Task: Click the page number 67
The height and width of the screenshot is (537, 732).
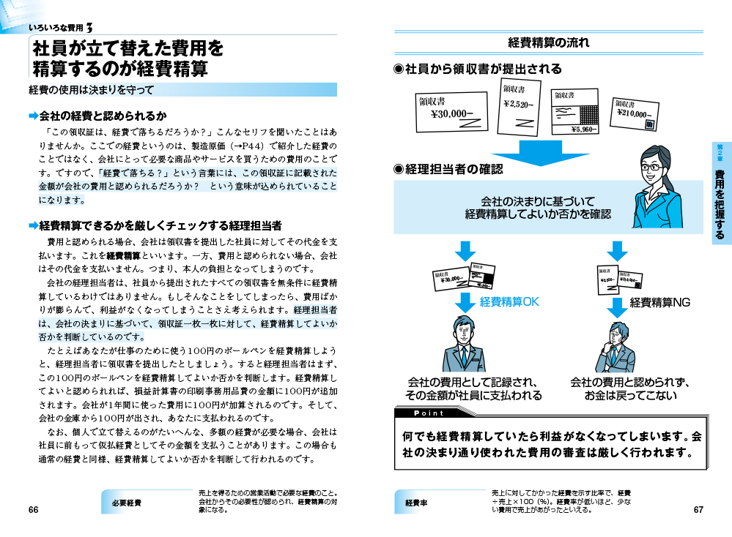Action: coord(698,510)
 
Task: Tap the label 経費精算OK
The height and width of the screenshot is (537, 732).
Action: coord(509,301)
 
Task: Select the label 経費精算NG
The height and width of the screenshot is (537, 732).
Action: coord(660,301)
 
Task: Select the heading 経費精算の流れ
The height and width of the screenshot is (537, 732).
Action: coord(549,42)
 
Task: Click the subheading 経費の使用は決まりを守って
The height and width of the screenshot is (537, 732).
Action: coord(92,90)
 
